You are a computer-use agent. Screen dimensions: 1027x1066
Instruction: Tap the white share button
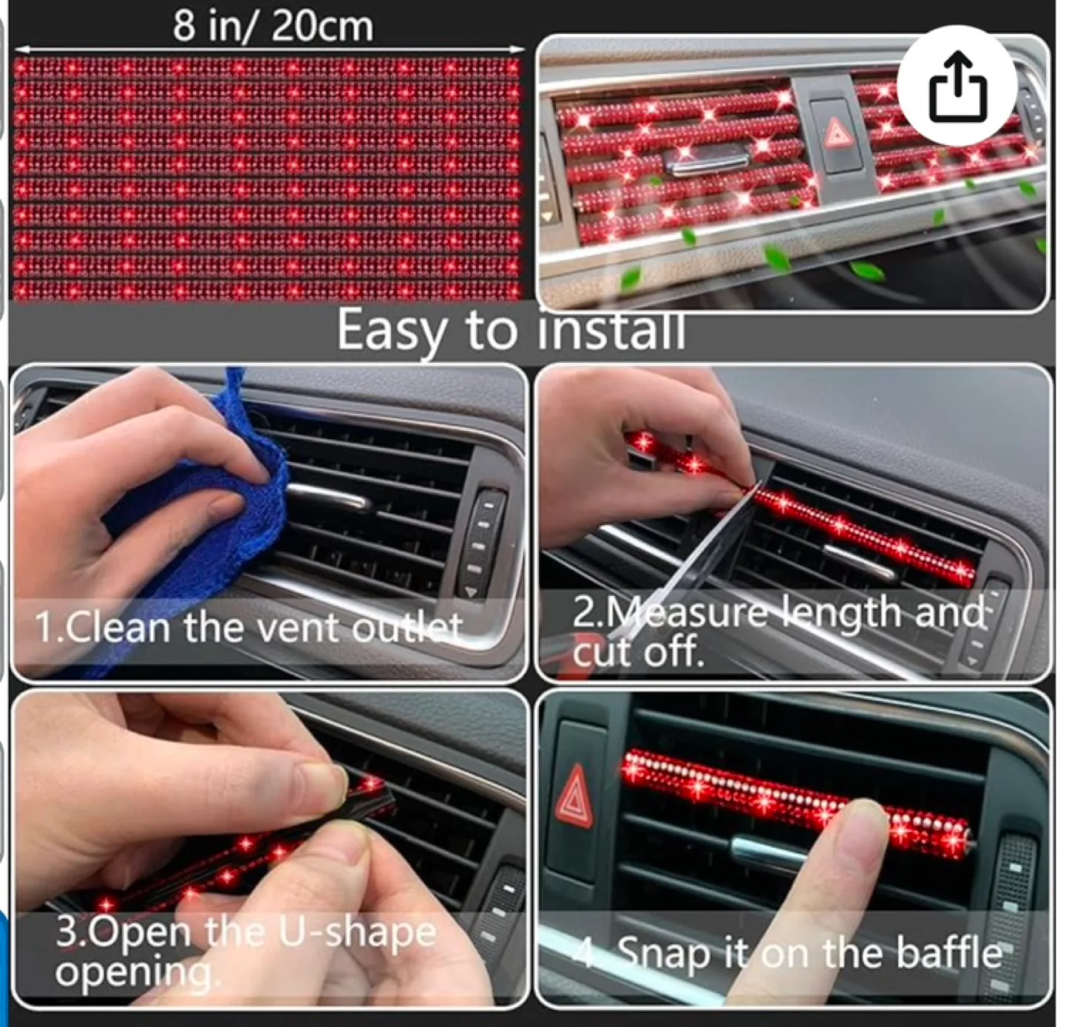pyautogui.click(x=957, y=86)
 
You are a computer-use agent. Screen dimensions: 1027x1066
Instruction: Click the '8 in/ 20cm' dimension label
pyautogui.click(x=272, y=27)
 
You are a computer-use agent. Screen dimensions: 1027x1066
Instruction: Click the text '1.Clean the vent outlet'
pyautogui.click(x=248, y=628)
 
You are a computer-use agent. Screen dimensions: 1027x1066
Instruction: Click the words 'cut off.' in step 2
pyautogui.click(x=637, y=653)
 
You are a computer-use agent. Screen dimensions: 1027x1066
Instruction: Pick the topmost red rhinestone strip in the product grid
pyautogui.click(x=266, y=68)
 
